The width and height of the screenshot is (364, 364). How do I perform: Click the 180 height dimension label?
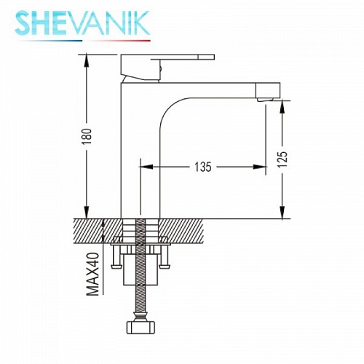click(x=87, y=138)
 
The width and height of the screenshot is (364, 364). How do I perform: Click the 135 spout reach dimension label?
click(x=203, y=167)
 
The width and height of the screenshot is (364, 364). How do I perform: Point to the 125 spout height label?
click(x=282, y=159)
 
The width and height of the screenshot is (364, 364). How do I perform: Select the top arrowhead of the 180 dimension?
click(x=87, y=58)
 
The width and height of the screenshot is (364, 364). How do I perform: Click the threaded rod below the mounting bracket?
click(x=140, y=302)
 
